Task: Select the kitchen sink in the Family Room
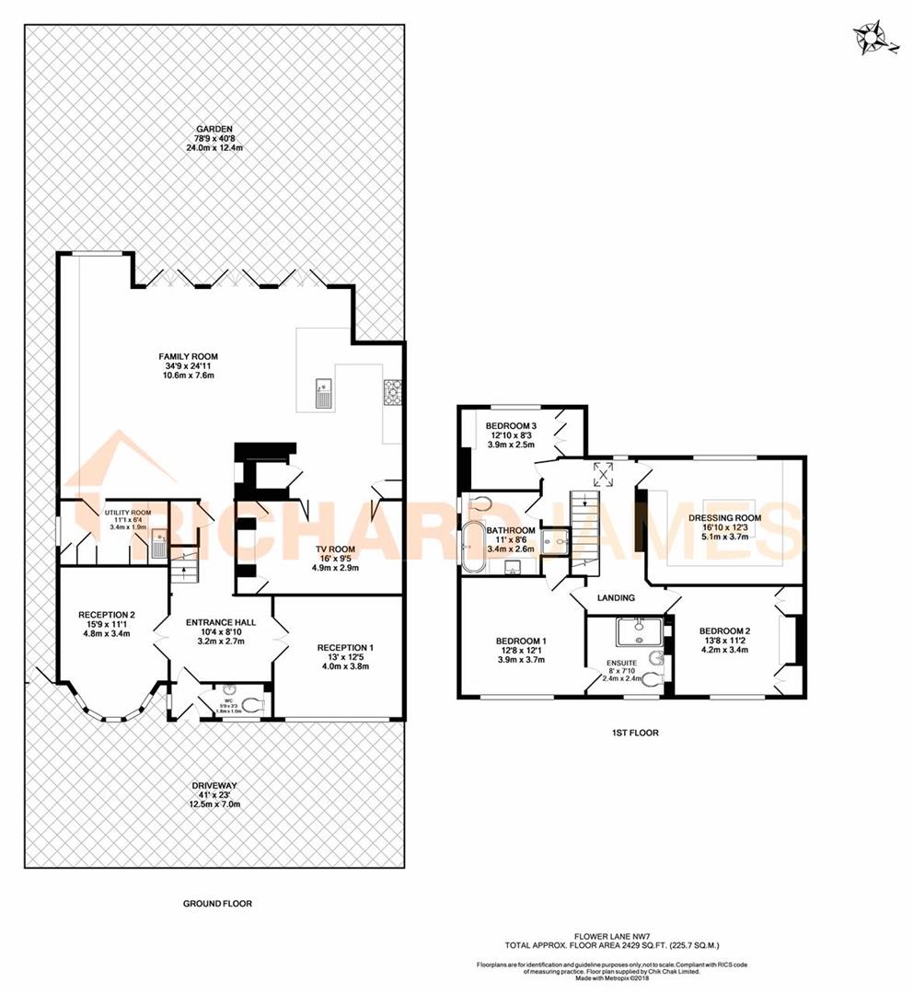tap(324, 393)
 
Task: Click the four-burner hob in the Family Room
tap(392, 393)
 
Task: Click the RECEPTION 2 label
tap(107, 615)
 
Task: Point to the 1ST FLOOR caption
tap(634, 734)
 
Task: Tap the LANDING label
tap(616, 597)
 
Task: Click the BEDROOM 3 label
tap(511, 424)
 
